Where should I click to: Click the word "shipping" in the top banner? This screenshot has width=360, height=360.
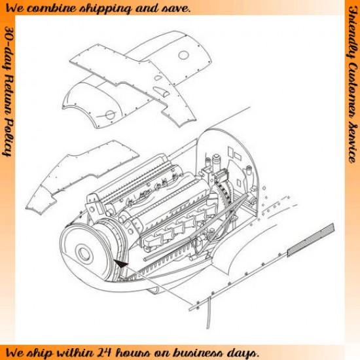[x=105, y=9]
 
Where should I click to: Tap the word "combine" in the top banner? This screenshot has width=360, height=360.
[x=53, y=9]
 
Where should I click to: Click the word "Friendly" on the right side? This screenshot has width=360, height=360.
[x=352, y=31]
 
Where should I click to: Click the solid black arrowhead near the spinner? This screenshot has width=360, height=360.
[x=121, y=264]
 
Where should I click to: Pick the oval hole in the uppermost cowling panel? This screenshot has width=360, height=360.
[x=183, y=56]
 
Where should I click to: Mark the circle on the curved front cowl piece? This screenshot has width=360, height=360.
[x=110, y=115]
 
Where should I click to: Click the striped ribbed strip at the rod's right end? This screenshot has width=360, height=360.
[x=311, y=240]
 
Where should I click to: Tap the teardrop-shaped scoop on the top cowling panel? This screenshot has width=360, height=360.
[x=161, y=91]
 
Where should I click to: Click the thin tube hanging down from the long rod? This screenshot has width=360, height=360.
[x=208, y=313]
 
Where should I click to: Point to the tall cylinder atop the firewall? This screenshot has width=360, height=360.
[x=216, y=162]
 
